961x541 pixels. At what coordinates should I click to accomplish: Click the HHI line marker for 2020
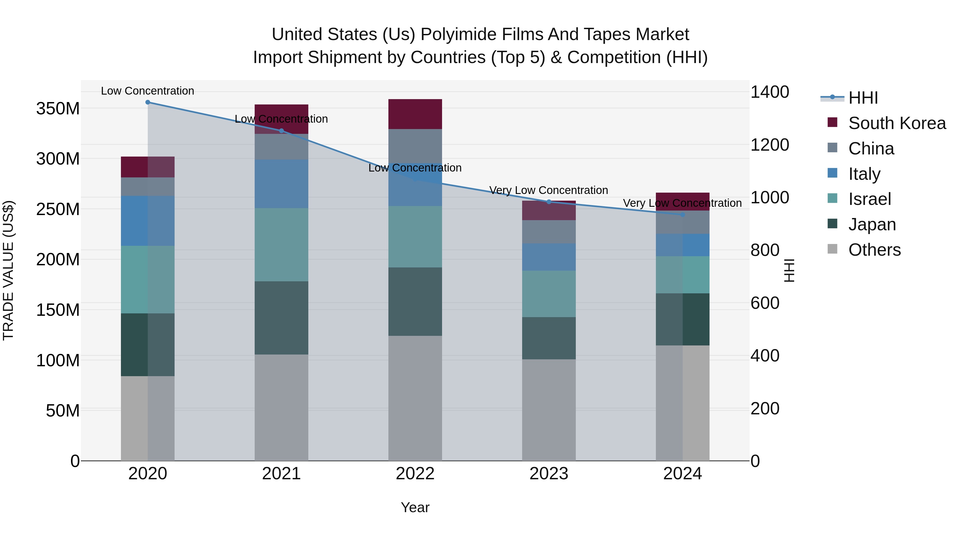pyautogui.click(x=148, y=102)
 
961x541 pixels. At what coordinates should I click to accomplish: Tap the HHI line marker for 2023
pyautogui.click(x=549, y=202)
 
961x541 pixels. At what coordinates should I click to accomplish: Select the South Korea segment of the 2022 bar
pyautogui.click(x=415, y=114)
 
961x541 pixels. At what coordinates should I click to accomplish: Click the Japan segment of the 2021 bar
pyautogui.click(x=281, y=318)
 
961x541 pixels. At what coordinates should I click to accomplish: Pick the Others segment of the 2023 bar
pyautogui.click(x=549, y=410)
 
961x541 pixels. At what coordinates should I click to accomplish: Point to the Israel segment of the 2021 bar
pyautogui.click(x=281, y=244)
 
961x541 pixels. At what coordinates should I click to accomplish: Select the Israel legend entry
pyautogui.click(x=869, y=199)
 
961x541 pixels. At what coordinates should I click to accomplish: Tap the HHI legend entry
pyautogui.click(x=862, y=98)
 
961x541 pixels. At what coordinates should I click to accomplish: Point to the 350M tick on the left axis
pyautogui.click(x=58, y=109)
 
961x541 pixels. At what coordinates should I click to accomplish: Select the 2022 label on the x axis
pyautogui.click(x=415, y=474)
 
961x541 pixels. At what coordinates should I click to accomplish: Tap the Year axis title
pyautogui.click(x=415, y=507)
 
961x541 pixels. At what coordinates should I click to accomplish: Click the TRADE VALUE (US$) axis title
pyautogui.click(x=8, y=270)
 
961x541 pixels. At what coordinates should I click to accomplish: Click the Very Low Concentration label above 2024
pyautogui.click(x=682, y=203)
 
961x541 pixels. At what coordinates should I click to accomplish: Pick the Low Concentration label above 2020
pyautogui.click(x=148, y=91)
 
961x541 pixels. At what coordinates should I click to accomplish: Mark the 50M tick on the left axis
pyautogui.click(x=63, y=411)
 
